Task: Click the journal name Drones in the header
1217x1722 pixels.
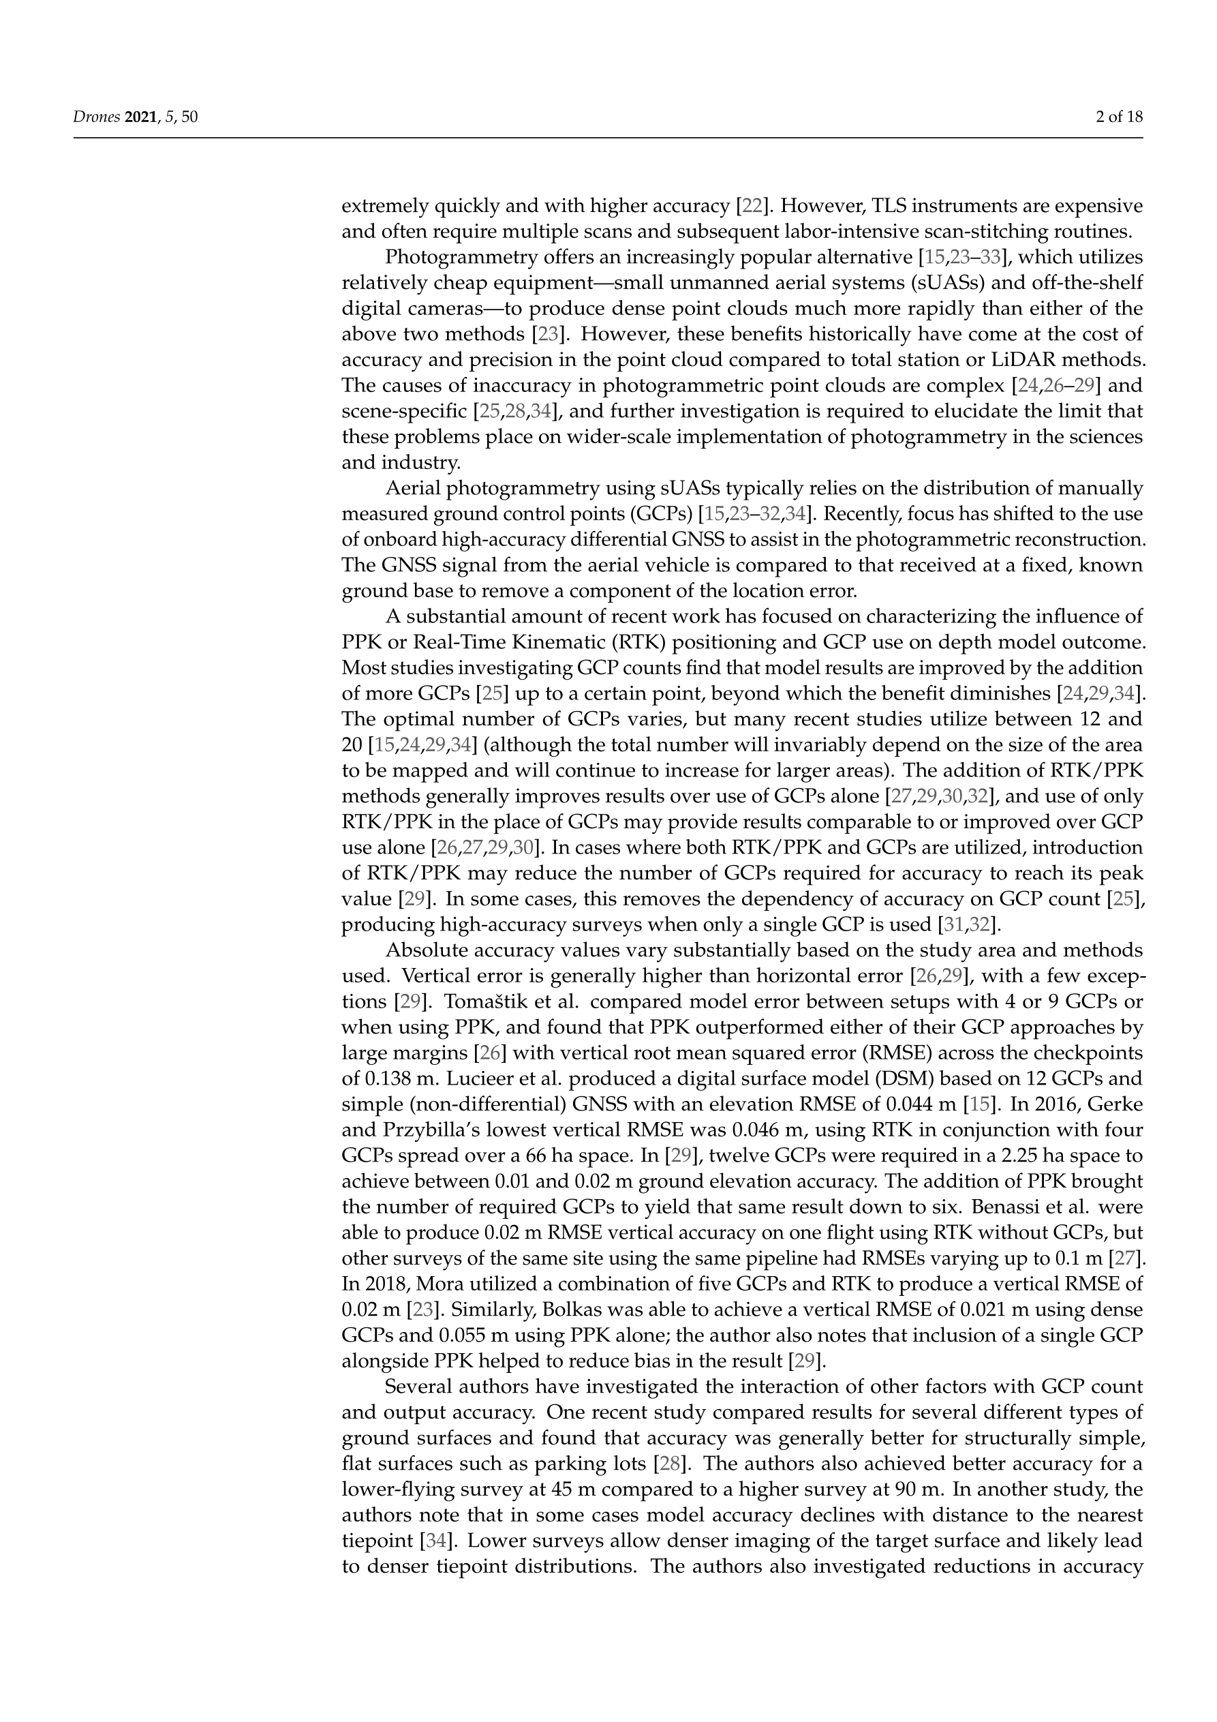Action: click(96, 117)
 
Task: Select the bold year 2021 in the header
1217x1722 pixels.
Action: click(140, 117)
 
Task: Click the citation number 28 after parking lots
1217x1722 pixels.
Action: click(668, 1463)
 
